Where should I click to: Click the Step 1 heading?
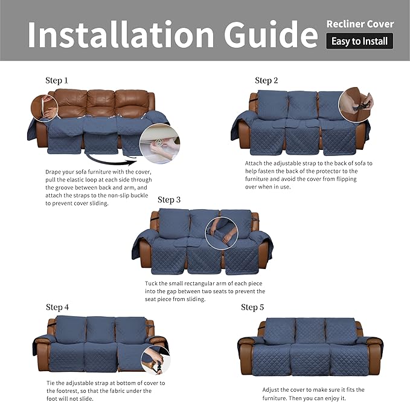57,80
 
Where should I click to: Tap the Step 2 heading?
266,80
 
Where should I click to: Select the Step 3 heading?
169,199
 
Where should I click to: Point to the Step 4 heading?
57,307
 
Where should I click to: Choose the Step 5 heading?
252,307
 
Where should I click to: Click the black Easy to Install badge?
359,41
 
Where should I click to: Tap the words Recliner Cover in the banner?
360,24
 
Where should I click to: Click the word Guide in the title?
271,34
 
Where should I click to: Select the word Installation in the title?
121,34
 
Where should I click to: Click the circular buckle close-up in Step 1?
160,144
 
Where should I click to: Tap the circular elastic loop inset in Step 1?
45,108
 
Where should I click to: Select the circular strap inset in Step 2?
356,105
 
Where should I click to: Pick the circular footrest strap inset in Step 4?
156,360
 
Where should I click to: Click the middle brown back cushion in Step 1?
101,103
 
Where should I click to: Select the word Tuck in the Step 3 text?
151,284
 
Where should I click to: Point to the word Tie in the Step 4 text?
51,383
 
